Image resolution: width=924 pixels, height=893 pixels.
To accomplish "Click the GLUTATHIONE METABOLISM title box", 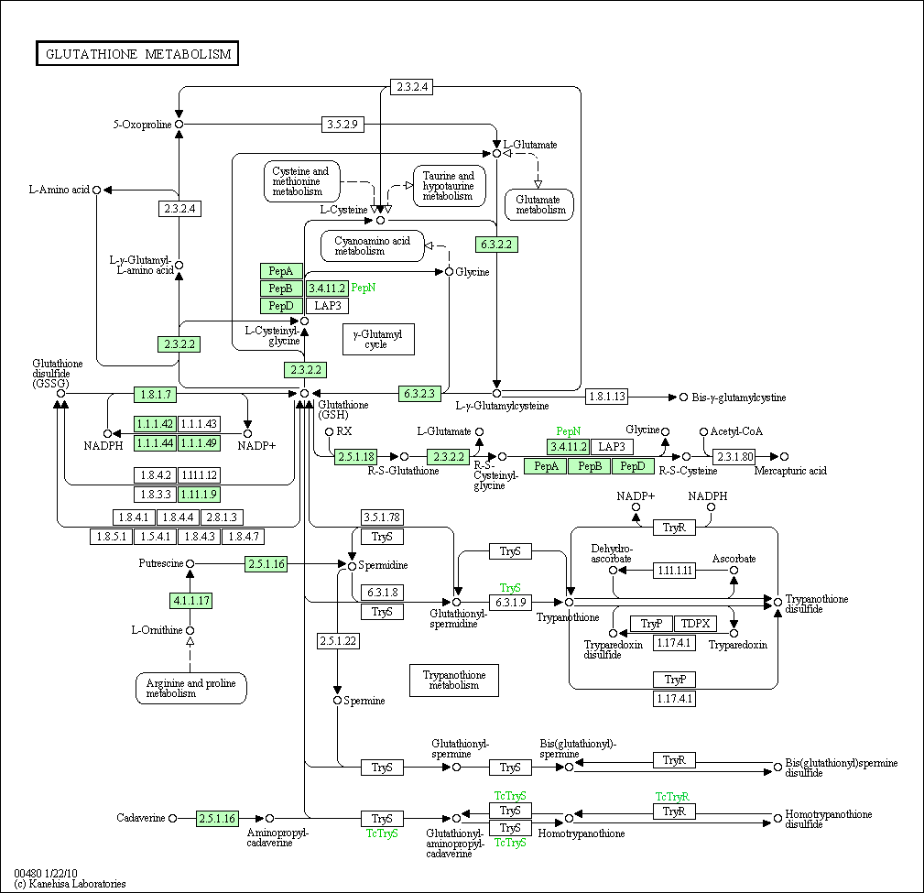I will (137, 54).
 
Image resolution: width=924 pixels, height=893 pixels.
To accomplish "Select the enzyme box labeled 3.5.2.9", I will (343, 124).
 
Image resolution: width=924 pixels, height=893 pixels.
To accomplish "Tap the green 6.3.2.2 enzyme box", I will (496, 245).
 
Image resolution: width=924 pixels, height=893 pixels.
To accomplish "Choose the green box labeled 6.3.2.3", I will (421, 394).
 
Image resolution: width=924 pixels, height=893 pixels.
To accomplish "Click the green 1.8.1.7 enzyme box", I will (156, 395).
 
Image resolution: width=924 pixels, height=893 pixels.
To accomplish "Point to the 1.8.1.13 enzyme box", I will (607, 397).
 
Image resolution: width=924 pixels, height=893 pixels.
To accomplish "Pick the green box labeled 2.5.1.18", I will (356, 456).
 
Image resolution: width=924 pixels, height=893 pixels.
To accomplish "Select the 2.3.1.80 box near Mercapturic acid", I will (734, 456).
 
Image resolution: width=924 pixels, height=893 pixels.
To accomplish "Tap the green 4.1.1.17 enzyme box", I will (190, 601).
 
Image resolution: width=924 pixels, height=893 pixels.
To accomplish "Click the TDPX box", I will (696, 624).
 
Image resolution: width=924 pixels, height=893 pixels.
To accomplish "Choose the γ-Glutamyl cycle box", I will (378, 339).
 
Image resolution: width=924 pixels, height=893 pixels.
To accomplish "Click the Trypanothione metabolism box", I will (454, 680).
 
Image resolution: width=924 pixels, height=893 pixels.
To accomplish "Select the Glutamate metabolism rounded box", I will (539, 204).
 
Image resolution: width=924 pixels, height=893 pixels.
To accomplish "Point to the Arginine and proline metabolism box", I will (191, 688).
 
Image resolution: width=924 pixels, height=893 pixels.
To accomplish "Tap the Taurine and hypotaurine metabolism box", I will (449, 186).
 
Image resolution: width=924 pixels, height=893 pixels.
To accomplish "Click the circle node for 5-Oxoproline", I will (179, 124).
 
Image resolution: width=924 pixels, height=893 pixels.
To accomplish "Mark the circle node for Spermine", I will (337, 701).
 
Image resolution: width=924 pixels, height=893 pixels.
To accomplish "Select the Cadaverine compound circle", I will (173, 818).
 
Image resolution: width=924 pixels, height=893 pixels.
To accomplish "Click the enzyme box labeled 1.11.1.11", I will (674, 571).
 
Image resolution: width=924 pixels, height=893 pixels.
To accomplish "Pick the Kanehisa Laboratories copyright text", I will (71, 884).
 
